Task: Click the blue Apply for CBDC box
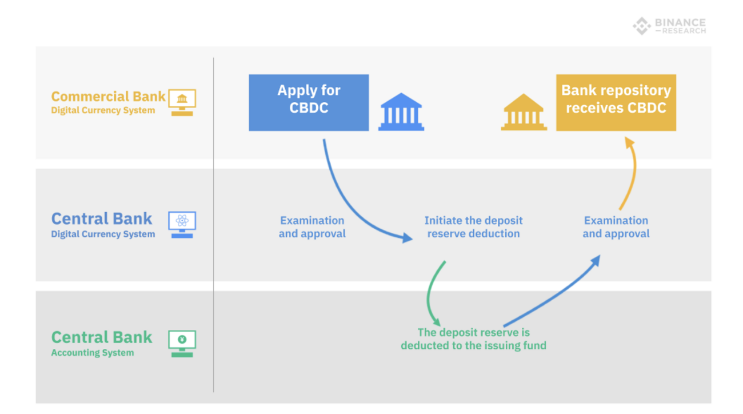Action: (x=309, y=102)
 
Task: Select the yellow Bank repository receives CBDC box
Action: (x=616, y=102)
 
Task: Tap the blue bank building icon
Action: (x=401, y=112)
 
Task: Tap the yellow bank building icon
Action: (x=524, y=112)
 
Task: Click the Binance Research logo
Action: (x=669, y=26)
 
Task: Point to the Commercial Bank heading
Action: (x=108, y=96)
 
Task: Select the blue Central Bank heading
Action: (x=102, y=218)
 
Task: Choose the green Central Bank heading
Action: (x=102, y=337)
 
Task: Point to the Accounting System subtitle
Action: (x=93, y=353)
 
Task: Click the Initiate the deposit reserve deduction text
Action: (x=473, y=227)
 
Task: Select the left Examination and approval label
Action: (x=312, y=227)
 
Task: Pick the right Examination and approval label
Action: (x=616, y=227)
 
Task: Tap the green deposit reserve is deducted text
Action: (x=473, y=339)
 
